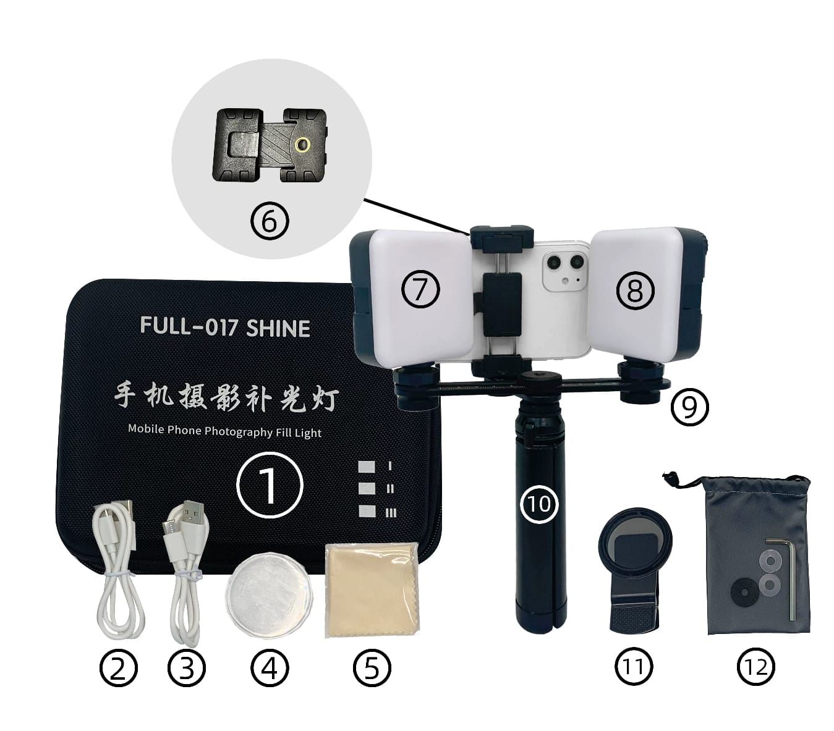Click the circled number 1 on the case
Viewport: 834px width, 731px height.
coord(269,484)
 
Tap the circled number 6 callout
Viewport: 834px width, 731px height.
coord(270,222)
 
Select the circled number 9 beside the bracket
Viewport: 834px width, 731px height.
coord(689,407)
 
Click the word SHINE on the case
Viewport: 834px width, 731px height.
coord(278,328)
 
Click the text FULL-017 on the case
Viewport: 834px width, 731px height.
coord(189,326)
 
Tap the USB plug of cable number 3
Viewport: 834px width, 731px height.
coord(194,512)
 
